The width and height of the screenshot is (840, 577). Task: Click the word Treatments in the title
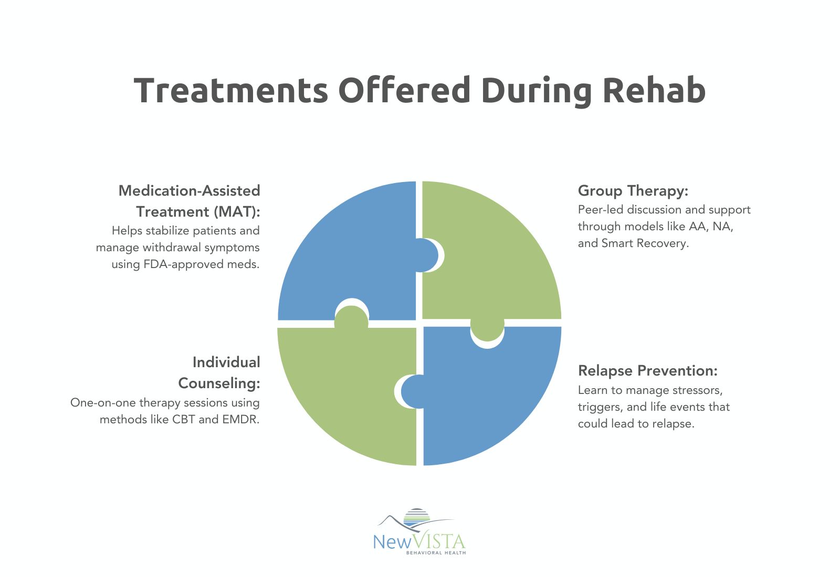coord(230,90)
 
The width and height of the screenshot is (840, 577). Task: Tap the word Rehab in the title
coord(654,90)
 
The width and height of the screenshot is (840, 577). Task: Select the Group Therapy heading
coord(633,190)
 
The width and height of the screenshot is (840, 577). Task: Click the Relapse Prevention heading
coord(647,371)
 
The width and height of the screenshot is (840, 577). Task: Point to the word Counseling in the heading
coord(219,383)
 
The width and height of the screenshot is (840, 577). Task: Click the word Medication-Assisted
coord(189,190)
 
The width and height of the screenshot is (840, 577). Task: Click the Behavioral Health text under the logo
coord(436,553)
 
